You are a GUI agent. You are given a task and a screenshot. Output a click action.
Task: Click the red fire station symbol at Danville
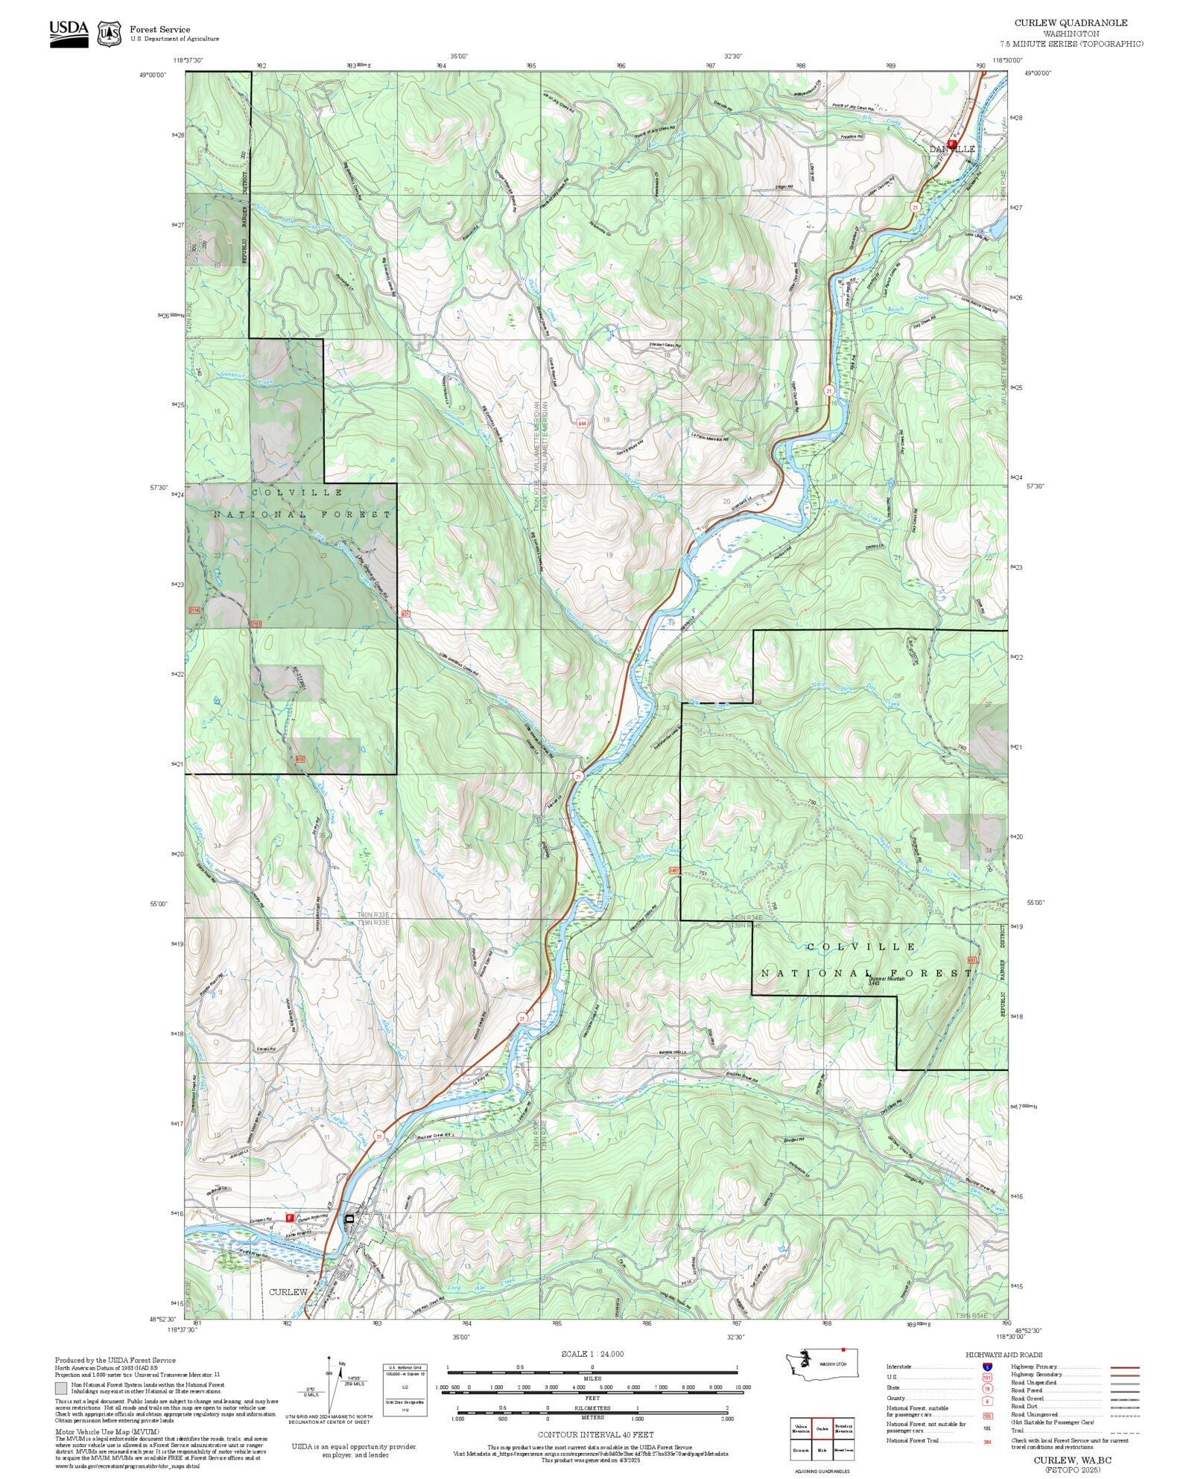[x=951, y=143]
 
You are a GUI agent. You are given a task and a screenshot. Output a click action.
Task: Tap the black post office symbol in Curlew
[x=349, y=1218]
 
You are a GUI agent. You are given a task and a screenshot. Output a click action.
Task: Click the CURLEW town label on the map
[x=288, y=1291]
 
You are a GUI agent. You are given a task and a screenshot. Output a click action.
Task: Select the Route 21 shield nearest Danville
[x=915, y=206]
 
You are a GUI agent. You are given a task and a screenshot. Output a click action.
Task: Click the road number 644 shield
[x=581, y=423]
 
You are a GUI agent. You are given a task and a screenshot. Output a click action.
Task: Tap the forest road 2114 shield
[x=194, y=610]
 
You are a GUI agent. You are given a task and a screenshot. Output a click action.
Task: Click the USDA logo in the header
[x=69, y=33]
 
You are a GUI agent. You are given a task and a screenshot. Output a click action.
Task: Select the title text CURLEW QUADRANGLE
[x=1071, y=23]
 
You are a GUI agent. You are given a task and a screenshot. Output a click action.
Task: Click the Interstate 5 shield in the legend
[x=987, y=1367]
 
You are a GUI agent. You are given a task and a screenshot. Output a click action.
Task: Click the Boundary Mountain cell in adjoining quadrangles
[x=843, y=1428]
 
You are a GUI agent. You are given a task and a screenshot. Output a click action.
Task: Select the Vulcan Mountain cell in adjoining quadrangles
[x=801, y=1428]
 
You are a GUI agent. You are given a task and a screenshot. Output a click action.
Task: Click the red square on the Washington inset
[x=843, y=1349]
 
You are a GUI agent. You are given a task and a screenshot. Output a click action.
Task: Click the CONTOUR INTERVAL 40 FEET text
[x=595, y=1434]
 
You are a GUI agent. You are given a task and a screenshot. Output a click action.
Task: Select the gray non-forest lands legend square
[x=60, y=1388]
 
